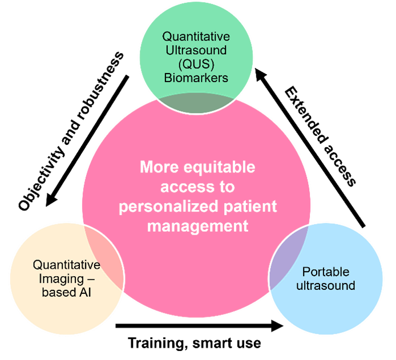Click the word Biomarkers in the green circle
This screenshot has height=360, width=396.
click(x=196, y=78)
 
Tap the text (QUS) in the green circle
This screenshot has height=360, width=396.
click(x=196, y=64)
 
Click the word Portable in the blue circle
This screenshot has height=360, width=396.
click(x=326, y=272)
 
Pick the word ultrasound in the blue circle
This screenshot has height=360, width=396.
click(x=326, y=285)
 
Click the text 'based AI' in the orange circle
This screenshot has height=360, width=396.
click(x=66, y=293)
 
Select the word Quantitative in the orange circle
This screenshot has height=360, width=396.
click(x=66, y=265)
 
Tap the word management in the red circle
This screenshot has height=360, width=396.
click(x=197, y=226)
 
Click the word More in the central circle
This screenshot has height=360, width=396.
click(x=155, y=168)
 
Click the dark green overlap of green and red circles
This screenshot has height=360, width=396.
click(x=196, y=104)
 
